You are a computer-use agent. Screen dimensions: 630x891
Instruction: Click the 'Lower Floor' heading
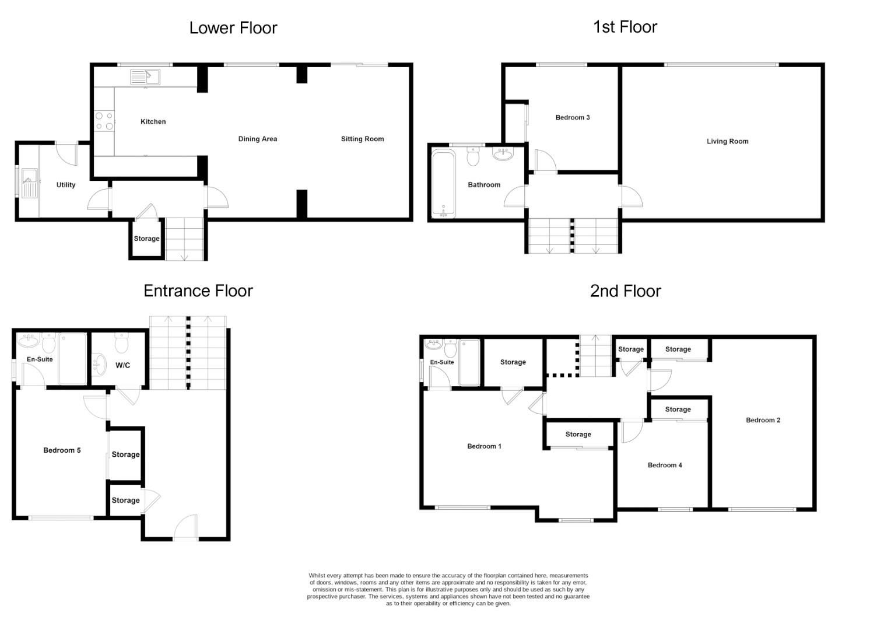point(233,28)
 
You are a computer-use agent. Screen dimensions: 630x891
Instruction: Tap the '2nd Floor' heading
point(625,290)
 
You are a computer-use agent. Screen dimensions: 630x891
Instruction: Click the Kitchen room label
point(153,122)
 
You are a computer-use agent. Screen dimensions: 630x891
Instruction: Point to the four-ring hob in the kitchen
point(104,121)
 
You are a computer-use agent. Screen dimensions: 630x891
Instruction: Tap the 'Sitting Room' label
point(362,139)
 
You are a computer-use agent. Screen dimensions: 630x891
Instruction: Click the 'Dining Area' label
point(257,139)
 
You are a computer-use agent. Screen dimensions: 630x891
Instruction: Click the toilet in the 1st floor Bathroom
point(473,156)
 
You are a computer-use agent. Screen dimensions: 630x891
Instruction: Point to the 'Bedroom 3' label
point(572,117)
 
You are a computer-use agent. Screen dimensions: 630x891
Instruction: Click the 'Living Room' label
point(727,141)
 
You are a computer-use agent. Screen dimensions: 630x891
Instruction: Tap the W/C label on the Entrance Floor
point(122,365)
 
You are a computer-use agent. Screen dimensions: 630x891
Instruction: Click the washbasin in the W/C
point(100,365)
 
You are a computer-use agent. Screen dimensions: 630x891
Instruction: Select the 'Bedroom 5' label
point(62,450)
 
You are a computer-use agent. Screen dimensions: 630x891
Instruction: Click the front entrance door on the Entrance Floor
point(185,528)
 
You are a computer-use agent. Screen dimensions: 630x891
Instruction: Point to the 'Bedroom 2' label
point(763,420)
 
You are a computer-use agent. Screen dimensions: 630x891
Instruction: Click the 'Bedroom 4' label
point(664,465)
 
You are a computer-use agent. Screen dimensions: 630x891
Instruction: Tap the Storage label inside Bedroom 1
point(578,435)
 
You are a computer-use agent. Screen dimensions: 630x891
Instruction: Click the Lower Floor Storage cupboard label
point(146,239)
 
